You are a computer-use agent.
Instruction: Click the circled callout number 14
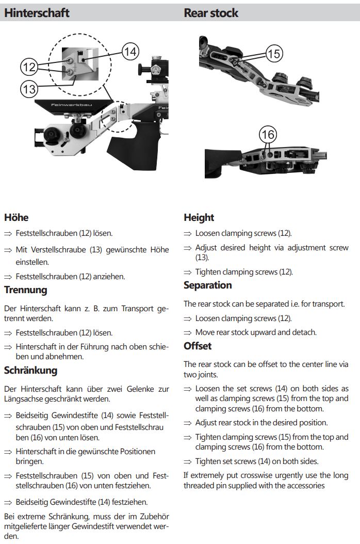coord(131,51)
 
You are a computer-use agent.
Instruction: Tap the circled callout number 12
coord(29,67)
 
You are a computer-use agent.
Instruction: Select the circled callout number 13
coord(29,89)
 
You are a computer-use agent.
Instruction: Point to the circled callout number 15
coord(274,53)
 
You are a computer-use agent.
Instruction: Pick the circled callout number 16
coord(268,135)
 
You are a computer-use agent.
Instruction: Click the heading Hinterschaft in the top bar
coord(37,13)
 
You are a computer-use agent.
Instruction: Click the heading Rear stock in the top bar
coord(211,13)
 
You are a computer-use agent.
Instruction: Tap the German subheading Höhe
coord(16,217)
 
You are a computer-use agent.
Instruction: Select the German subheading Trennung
coord(25,290)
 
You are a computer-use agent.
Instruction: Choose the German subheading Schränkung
coord(30,370)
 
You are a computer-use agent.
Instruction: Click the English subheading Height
coord(199,217)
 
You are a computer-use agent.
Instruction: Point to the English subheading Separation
coord(207,285)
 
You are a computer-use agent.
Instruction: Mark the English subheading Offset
coord(198,346)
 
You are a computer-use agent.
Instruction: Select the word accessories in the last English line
coord(304,485)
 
